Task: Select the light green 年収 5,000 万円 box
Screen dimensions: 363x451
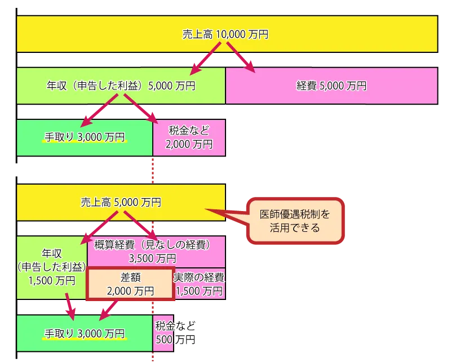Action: click(x=121, y=86)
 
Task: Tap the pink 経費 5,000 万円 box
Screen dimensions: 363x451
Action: click(x=331, y=86)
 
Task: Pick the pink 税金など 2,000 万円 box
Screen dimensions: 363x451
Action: click(x=189, y=137)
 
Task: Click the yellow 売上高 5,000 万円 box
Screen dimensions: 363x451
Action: click(x=121, y=201)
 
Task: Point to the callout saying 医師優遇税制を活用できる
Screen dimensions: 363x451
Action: click(x=295, y=221)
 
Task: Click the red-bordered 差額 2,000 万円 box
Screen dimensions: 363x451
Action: click(x=130, y=284)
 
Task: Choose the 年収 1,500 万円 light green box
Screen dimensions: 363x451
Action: click(x=51, y=267)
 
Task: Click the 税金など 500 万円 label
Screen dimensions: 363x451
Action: click(x=174, y=333)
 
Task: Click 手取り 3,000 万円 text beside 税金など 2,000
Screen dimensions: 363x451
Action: click(x=85, y=137)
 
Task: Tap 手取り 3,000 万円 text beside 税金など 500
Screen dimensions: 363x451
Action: click(x=85, y=333)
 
